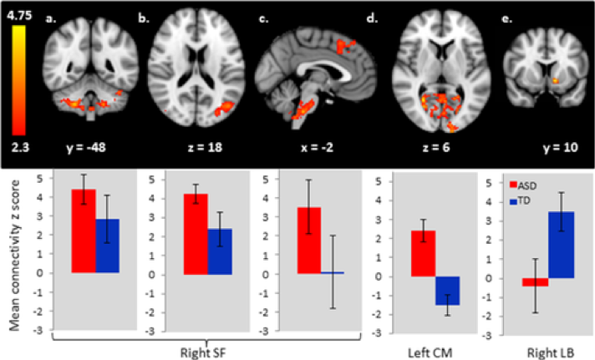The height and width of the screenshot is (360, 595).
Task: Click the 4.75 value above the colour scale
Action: (x=19, y=15)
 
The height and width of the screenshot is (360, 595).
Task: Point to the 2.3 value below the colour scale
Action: (x=20, y=147)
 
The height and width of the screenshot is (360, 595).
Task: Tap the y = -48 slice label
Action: (x=86, y=147)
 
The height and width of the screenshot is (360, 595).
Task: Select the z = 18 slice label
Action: (x=205, y=147)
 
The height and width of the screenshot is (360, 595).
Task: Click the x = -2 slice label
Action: (x=317, y=147)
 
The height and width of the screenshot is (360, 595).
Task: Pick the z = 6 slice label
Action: (x=436, y=147)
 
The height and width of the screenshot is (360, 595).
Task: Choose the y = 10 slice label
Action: (x=561, y=147)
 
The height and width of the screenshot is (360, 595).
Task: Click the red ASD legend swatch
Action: (x=513, y=185)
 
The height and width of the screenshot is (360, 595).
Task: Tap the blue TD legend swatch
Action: (x=513, y=201)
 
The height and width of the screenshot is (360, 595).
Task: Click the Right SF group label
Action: (x=203, y=353)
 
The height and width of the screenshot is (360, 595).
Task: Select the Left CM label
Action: (x=430, y=353)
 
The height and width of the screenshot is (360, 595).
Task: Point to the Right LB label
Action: (x=550, y=353)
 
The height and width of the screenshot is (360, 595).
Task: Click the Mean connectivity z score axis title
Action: (x=14, y=255)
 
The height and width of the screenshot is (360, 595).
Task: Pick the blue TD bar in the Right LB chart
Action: (x=562, y=245)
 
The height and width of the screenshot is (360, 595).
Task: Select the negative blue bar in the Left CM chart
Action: (x=447, y=291)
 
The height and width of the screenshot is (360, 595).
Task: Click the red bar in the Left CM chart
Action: (x=424, y=253)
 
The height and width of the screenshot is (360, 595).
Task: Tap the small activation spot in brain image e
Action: (x=555, y=80)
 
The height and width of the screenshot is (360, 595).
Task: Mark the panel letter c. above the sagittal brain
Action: (x=263, y=18)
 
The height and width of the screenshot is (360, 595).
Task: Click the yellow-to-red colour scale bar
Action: (x=18, y=80)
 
